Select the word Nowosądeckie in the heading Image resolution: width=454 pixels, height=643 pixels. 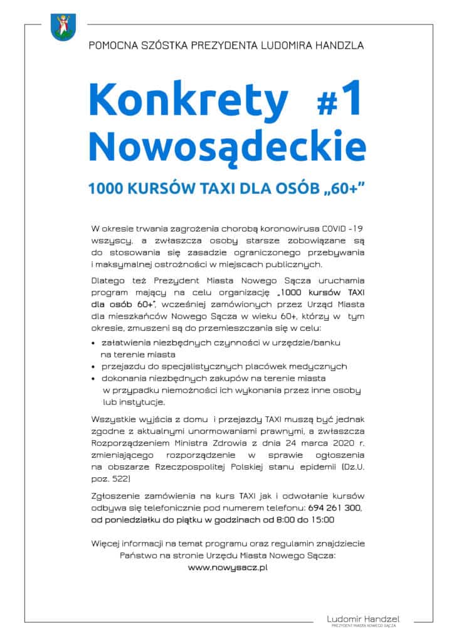[226, 143]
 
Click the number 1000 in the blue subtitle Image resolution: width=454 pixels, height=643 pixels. [107, 188]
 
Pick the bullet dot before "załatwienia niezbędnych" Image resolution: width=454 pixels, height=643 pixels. [94, 344]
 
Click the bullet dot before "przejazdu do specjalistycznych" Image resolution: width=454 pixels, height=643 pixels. [94, 367]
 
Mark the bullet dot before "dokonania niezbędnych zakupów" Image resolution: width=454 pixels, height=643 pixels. [94, 379]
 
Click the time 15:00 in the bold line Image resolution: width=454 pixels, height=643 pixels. [321, 519]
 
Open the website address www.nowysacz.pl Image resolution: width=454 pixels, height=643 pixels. [228, 567]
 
